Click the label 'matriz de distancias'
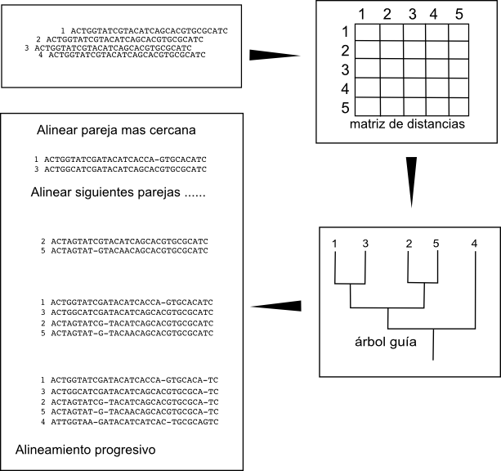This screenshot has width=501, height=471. (406, 125)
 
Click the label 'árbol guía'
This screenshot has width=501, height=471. (382, 342)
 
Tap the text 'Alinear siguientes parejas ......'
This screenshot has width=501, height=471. (117, 194)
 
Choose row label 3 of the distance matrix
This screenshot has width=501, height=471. (345, 69)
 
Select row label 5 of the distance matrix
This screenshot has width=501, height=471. (345, 107)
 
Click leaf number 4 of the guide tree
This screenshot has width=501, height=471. (475, 243)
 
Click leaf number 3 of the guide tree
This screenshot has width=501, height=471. (365, 243)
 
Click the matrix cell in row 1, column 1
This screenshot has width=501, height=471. (368, 31)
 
